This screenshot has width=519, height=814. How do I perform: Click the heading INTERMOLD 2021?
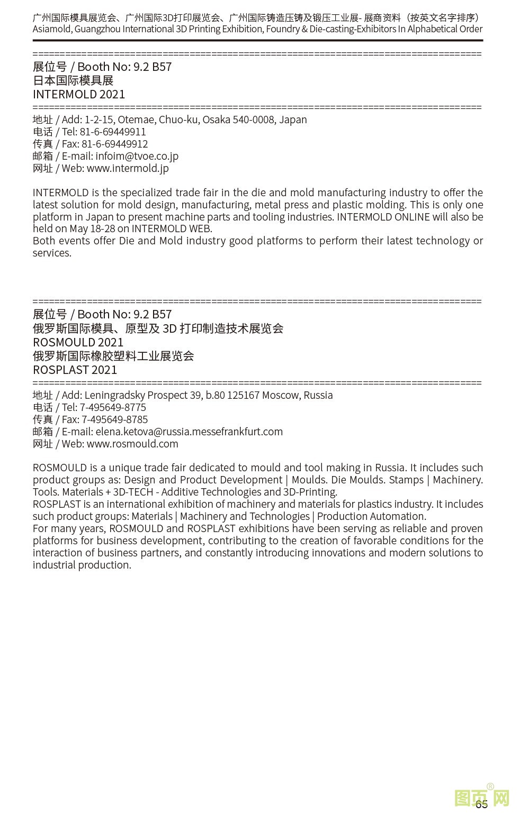[79, 94]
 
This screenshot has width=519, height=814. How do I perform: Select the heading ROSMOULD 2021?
[78, 342]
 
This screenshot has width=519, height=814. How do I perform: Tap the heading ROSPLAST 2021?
[75, 370]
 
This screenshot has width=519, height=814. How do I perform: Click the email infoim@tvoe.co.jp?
[137, 156]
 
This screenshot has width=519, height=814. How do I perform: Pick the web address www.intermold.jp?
[128, 168]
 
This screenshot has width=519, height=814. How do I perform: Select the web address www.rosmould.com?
[132, 444]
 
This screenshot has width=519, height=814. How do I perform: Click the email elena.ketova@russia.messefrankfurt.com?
[189, 432]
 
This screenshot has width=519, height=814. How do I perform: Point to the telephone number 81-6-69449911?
[113, 132]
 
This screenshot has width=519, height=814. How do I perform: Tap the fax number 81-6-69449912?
[114, 144]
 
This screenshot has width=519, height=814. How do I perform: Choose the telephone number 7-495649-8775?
[113, 407]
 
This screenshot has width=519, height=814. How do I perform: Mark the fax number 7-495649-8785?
[114, 419]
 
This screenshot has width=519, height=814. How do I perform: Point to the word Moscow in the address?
[280, 395]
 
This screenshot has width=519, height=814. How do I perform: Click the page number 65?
[481, 804]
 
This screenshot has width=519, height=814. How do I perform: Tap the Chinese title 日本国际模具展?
[73, 80]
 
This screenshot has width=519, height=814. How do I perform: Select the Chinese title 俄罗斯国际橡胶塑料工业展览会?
[113, 356]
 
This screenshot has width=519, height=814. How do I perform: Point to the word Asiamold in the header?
[51, 29]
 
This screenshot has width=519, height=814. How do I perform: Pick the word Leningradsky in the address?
[114, 395]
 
